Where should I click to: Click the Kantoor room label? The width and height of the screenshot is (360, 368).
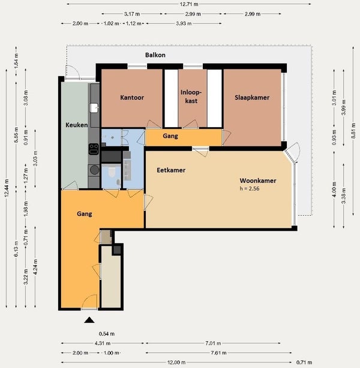pos(132,98)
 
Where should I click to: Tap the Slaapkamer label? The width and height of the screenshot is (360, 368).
pos(252,98)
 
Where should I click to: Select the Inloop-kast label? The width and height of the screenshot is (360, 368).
pos(191,96)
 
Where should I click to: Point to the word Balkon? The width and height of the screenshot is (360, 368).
pos(155,55)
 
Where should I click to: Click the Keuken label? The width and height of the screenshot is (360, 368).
pos(77,125)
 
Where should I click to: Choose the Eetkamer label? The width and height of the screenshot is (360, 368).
pos(171,170)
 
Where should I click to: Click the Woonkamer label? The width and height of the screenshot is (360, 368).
pos(258,181)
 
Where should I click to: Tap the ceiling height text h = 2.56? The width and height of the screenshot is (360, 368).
pos(250,189)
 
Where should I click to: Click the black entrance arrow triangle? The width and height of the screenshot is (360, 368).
pos(89,320)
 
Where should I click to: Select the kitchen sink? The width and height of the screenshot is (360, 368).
pos(94,108)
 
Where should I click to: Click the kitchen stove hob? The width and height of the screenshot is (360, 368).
pos(94,149)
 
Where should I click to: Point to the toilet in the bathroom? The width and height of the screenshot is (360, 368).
pos(112,172)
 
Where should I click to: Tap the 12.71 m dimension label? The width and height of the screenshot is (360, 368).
pos(188,4)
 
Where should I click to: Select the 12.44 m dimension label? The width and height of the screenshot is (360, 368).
pos(7,188)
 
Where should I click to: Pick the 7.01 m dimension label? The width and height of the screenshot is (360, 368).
pos(213,343)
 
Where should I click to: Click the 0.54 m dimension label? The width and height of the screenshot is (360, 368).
pos(107,334)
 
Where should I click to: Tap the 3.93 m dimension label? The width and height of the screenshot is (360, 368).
pos(184,23)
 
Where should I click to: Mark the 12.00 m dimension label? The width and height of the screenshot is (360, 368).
pos(176,363)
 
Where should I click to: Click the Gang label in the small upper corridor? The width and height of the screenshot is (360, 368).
pos(170,136)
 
